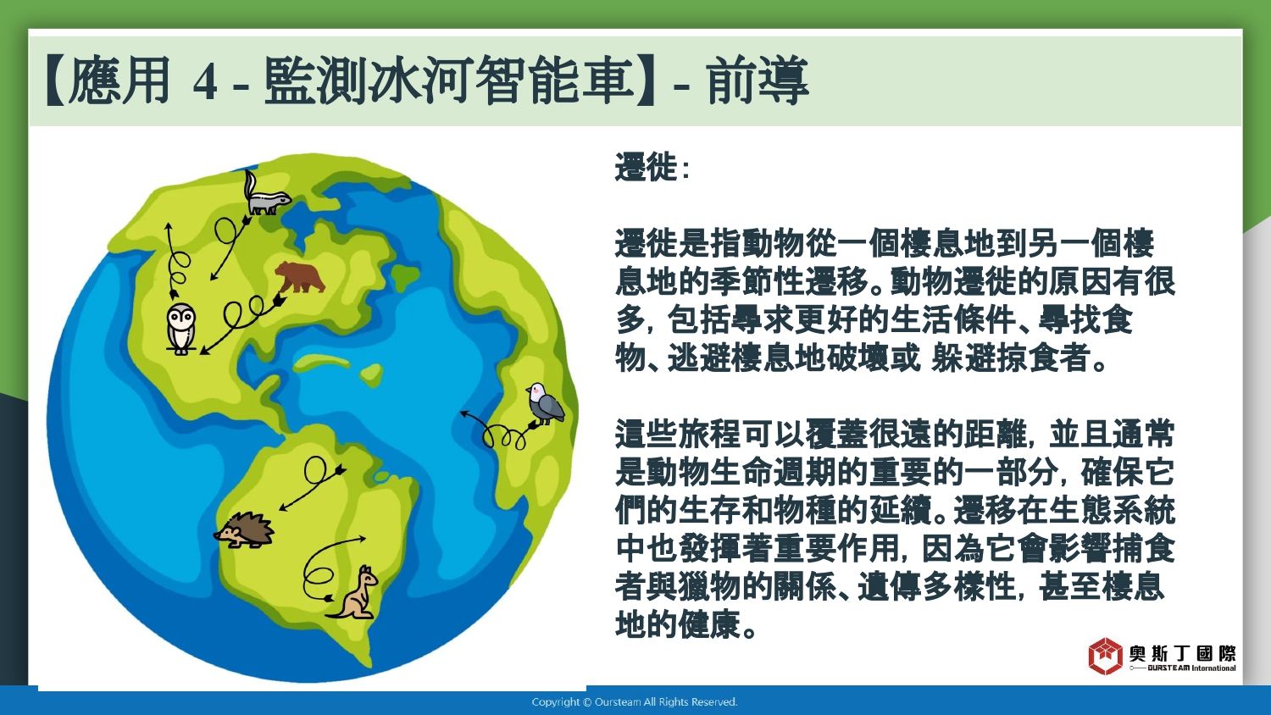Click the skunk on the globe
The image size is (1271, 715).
267,194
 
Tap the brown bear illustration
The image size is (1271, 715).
300,277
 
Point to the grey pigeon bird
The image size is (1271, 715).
545,403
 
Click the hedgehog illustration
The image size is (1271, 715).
244,530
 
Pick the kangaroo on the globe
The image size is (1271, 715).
355,592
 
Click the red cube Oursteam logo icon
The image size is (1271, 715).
1105,656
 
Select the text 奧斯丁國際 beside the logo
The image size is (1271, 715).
1182,654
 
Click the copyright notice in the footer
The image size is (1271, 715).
635,702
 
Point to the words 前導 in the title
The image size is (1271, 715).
758,80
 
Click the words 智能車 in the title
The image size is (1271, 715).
554,80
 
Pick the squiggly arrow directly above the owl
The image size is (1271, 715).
177,261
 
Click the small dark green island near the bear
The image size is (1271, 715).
405,276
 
